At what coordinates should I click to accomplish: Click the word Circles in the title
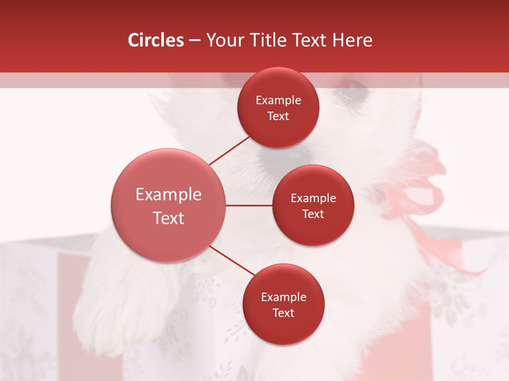coord(156,40)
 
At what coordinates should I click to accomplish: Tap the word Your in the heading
coord(224,40)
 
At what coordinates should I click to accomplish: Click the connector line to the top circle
coord(229,150)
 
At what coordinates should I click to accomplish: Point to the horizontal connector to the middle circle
coord(249,205)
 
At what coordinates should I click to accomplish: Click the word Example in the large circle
coord(169,195)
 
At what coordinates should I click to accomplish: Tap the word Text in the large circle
coord(169,218)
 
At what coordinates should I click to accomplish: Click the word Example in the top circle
coord(278,101)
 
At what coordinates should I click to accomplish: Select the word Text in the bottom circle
coord(283,313)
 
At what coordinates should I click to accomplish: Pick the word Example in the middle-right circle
coord(313,198)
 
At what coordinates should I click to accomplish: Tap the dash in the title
coord(195,41)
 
